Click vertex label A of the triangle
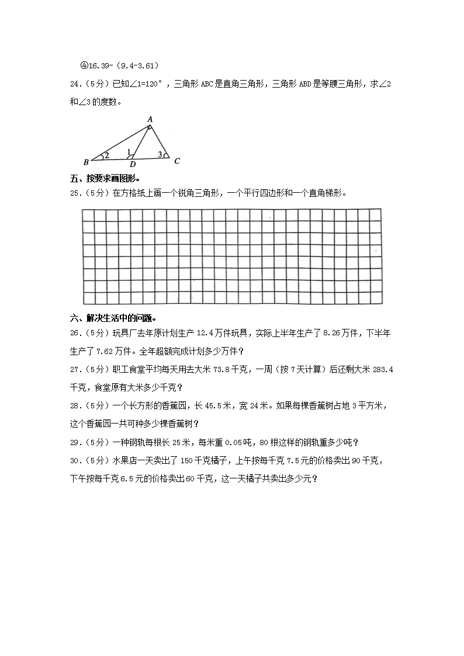(150, 119)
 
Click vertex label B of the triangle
(86, 161)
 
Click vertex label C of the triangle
(176, 161)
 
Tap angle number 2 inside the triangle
(107, 155)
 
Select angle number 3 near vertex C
(160, 154)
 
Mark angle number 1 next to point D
(129, 152)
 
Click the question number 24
(75, 85)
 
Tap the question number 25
(75, 193)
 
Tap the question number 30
(75, 461)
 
